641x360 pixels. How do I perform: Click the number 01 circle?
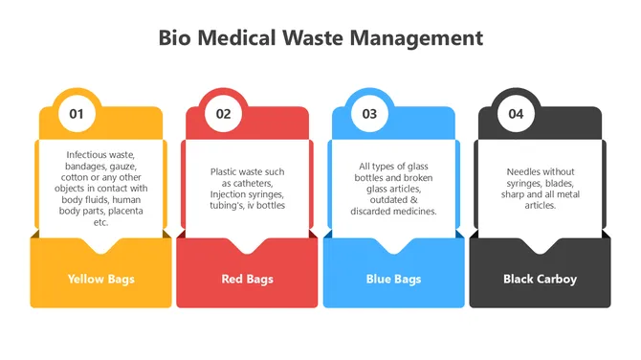click(77, 114)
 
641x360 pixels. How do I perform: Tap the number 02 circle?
click(223, 114)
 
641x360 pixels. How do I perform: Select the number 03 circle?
click(369, 114)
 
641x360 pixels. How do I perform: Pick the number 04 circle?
click(516, 114)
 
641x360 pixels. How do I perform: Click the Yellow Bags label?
click(100, 280)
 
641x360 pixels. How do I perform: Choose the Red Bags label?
click(247, 280)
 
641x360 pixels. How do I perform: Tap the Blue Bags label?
click(393, 280)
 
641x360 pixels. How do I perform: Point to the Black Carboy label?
click(540, 280)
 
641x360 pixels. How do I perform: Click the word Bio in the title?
click(175, 38)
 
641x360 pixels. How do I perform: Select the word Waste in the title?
click(325, 38)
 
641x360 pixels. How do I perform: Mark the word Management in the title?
click(422, 38)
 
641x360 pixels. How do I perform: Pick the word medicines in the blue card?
click(411, 211)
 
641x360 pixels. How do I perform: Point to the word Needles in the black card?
click(524, 171)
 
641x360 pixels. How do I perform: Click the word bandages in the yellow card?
click(86, 165)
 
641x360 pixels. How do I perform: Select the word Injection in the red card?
click(232, 194)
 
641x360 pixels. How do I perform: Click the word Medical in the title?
click(238, 38)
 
